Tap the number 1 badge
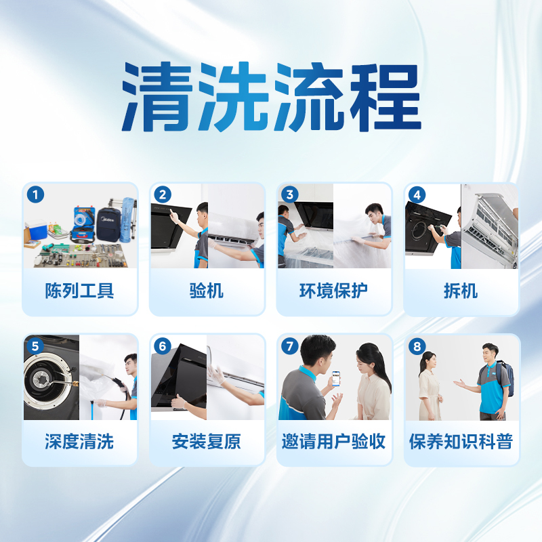[x=35, y=195]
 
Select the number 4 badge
[x=417, y=195]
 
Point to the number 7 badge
[x=290, y=346]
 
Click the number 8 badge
[x=417, y=346]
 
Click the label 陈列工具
[x=80, y=291]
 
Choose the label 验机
[x=207, y=291]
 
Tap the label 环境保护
[x=334, y=291]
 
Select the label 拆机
[x=461, y=291]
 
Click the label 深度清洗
[x=80, y=442]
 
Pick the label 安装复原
[x=207, y=442]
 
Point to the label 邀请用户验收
[x=334, y=442]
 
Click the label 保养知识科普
[x=461, y=442]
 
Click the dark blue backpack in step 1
[x=108, y=223]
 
